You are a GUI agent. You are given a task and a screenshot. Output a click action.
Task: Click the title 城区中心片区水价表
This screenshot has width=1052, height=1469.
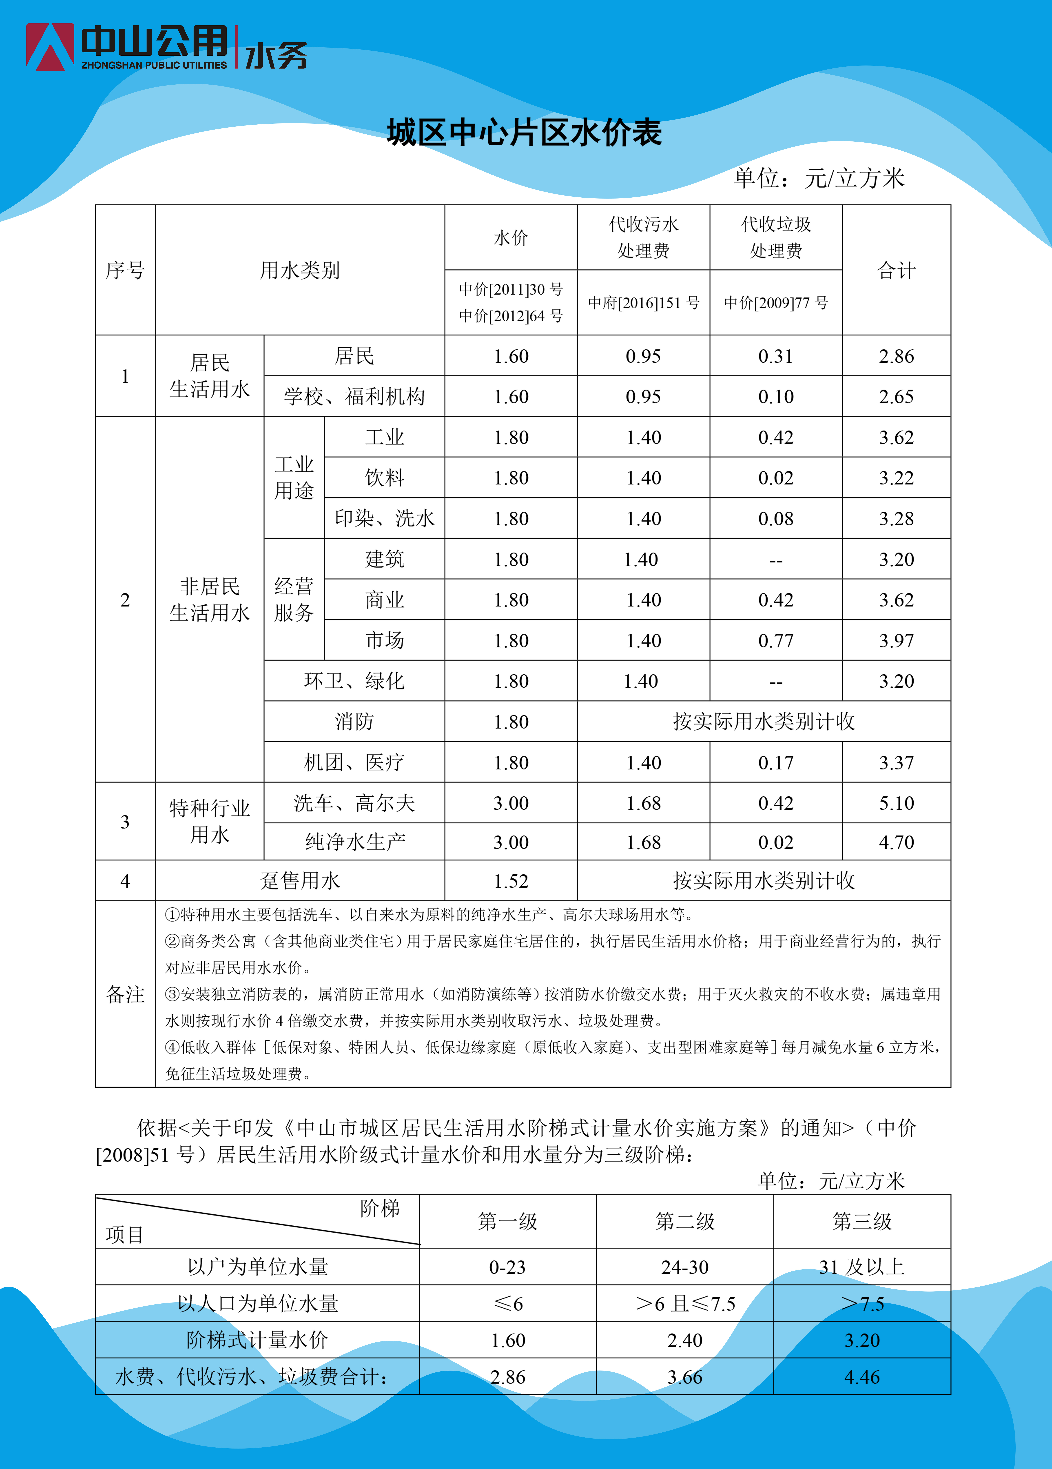(524, 133)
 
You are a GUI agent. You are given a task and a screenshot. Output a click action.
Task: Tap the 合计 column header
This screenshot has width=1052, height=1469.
(896, 270)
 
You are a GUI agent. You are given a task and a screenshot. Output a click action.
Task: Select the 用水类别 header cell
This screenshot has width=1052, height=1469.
(300, 270)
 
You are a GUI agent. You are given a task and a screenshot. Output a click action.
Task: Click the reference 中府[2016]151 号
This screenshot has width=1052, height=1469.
(644, 302)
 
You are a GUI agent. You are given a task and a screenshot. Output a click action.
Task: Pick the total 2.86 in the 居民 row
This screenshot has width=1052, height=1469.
(896, 356)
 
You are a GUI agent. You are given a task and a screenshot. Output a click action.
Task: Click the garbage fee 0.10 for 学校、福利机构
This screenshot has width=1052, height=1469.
(776, 396)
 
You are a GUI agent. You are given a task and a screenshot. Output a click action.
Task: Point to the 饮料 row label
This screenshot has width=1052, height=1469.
(385, 478)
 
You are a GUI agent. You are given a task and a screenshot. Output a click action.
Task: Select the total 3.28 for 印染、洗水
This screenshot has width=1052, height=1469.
(896, 518)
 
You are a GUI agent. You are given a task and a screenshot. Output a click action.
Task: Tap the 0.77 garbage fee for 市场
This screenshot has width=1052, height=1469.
(776, 641)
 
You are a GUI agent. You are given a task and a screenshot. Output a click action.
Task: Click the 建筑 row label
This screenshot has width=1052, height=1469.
(385, 559)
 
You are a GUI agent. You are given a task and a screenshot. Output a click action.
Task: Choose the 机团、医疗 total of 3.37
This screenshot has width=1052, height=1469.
(896, 762)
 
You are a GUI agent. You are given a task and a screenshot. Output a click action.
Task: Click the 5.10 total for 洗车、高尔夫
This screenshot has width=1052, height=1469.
(896, 803)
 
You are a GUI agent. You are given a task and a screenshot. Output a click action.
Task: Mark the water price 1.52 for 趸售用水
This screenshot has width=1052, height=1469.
(511, 881)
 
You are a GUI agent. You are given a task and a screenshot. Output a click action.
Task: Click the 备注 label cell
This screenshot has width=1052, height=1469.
(125, 994)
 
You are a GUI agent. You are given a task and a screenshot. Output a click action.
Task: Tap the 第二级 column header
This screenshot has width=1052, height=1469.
(685, 1222)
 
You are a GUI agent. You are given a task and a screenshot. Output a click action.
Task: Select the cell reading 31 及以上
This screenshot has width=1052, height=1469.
(862, 1267)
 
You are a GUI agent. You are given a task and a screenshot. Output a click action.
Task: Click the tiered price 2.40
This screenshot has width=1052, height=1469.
(685, 1340)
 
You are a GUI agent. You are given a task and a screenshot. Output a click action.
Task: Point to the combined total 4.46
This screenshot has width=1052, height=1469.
(862, 1377)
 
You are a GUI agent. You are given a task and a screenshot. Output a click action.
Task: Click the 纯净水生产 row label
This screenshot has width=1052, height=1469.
(355, 842)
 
